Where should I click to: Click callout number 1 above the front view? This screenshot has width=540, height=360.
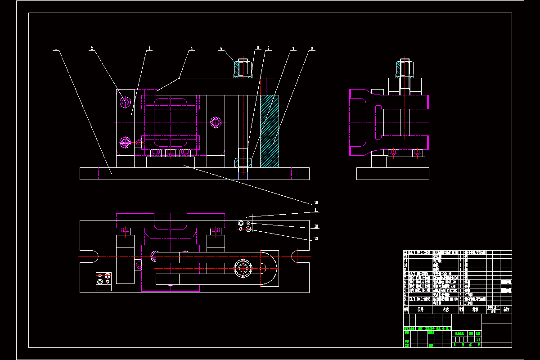tap(56, 48)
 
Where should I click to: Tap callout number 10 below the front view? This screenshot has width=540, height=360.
tap(316, 202)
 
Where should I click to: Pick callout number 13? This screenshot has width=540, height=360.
tap(316, 238)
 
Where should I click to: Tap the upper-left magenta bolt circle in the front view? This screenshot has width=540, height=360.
tap(125, 102)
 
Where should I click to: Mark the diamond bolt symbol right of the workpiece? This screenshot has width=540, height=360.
tap(216, 122)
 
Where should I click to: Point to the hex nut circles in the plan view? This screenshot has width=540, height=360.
tap(243, 268)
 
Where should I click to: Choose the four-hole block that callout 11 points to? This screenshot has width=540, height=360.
tap(244, 223)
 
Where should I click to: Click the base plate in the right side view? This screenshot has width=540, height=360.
tap(392, 174)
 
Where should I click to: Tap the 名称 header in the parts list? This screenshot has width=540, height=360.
tap(445, 310)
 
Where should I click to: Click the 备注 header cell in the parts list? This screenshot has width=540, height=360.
tap(506, 310)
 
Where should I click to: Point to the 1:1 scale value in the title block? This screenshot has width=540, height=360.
tap(478, 339)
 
